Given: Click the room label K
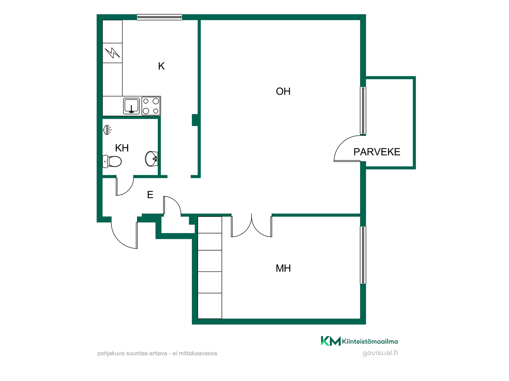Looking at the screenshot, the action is point(161,66).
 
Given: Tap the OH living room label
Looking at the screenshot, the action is point(283,92).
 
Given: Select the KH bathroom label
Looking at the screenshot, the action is point(122,148).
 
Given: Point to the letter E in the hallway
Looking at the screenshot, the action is point(150,195).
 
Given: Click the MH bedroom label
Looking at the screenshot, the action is point(283,268).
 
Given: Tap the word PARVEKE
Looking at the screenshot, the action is point(377,152).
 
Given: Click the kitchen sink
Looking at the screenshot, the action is point(131,106).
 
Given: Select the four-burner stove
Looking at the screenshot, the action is point(151,106).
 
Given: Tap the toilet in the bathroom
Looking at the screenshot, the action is point(112,161).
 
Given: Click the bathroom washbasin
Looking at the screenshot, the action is point(152,159).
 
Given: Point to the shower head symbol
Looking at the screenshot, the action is point(107,130).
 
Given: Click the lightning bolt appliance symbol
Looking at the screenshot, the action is point(112,53).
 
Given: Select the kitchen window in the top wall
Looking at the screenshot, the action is point(159,17).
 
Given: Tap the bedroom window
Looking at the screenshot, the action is point(363,255).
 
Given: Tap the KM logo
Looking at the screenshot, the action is point(331,341).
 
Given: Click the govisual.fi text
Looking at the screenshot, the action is point(380,353).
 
